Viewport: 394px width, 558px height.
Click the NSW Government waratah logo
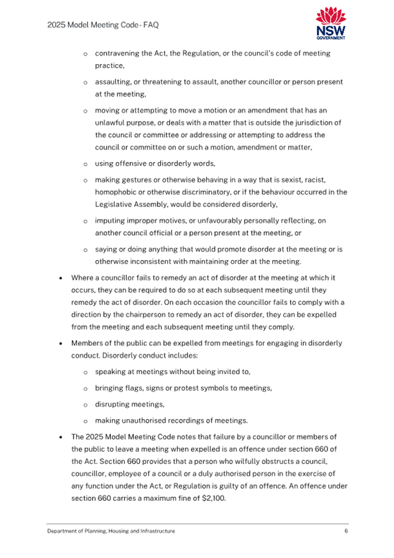click(x=330, y=23)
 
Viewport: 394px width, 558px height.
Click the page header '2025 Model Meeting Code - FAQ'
click(x=103, y=25)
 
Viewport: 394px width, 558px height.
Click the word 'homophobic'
click(x=115, y=192)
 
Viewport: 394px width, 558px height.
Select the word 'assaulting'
click(x=113, y=82)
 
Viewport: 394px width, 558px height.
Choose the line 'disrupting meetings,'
click(x=130, y=404)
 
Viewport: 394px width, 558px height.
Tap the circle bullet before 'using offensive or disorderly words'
click(x=85, y=164)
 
